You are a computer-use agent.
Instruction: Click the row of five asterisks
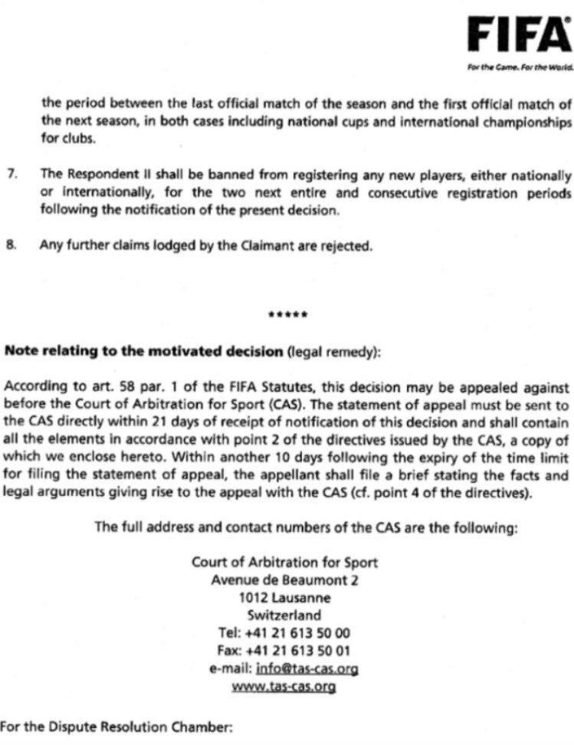click(x=288, y=315)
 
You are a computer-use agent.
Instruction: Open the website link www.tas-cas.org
click(x=284, y=686)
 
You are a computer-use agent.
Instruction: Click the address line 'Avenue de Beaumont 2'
click(x=284, y=580)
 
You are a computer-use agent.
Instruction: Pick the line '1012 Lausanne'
click(x=284, y=598)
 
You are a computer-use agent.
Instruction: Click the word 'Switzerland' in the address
click(x=284, y=615)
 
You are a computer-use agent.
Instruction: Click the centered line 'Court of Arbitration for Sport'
click(x=284, y=563)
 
